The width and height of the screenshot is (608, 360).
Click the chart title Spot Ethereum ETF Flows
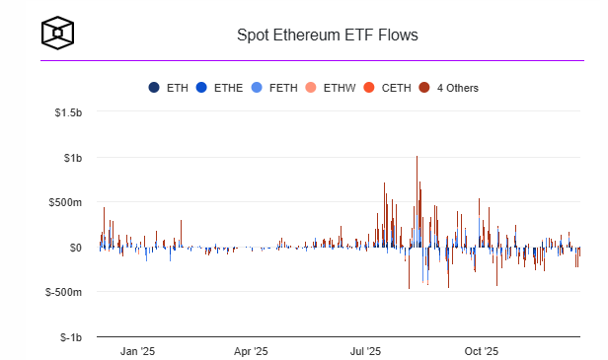click(327, 36)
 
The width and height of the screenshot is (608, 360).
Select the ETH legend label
click(178, 88)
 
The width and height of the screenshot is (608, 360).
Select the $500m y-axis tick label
click(65, 202)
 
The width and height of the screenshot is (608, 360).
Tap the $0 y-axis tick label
click(75, 247)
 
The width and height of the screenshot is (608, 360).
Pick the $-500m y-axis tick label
click(63, 292)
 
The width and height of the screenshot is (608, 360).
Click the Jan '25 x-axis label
click(137, 350)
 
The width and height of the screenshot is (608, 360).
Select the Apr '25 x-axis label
click(251, 350)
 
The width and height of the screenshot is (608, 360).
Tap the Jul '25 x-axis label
click(366, 350)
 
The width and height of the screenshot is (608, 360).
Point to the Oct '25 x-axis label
click(481, 350)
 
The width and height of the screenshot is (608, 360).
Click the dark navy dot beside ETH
click(154, 88)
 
